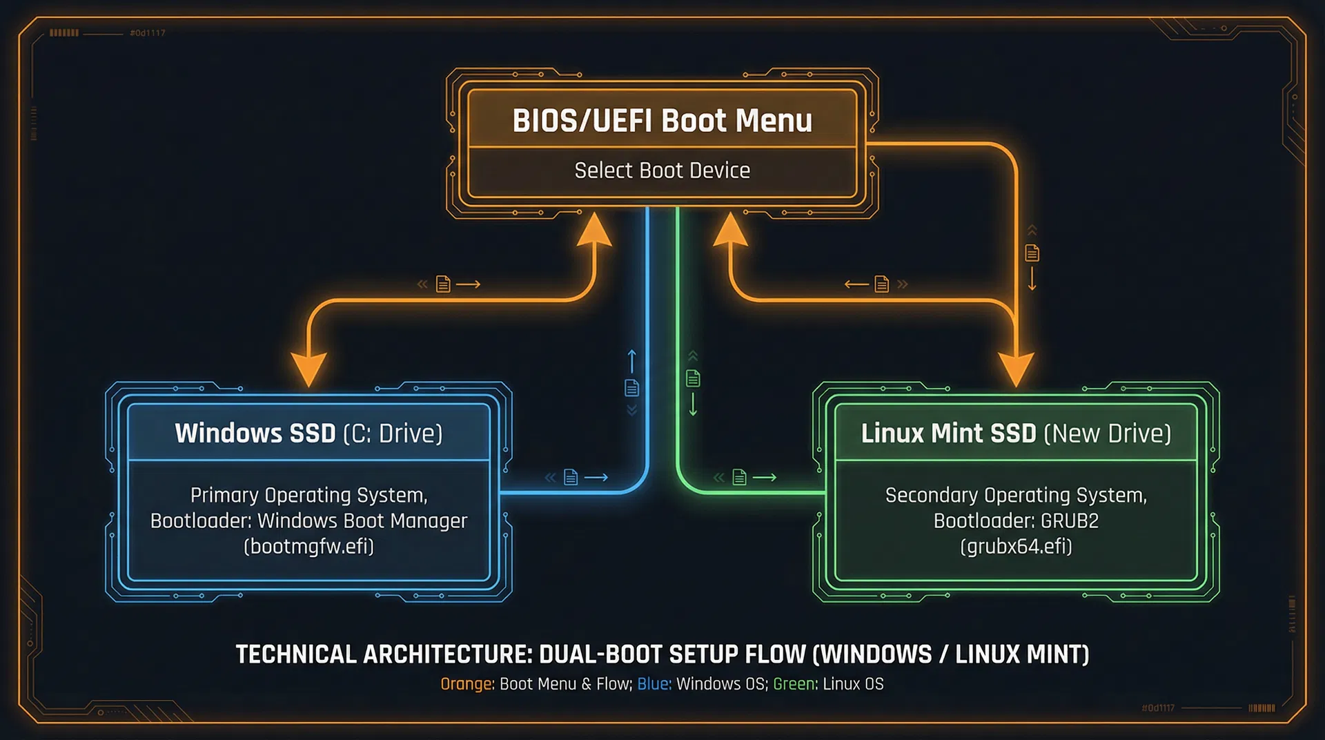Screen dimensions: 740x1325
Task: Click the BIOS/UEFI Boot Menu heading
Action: point(662,121)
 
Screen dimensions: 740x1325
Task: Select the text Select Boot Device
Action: point(662,171)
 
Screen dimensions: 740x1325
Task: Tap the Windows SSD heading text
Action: point(255,434)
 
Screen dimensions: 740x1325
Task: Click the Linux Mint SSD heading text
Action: point(948,434)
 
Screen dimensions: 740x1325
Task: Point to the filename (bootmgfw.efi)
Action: point(308,547)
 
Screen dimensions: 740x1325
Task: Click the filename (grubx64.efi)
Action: point(1016,547)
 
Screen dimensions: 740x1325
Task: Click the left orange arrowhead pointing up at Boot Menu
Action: point(593,230)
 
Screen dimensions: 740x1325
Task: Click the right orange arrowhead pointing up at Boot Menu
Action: point(730,230)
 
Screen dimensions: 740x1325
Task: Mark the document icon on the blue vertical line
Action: point(631,388)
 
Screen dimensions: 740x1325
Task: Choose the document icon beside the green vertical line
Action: point(693,378)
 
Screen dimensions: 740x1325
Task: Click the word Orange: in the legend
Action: point(467,684)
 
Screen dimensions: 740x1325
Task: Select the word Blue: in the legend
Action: point(654,684)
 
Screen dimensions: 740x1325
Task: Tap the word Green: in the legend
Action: point(795,684)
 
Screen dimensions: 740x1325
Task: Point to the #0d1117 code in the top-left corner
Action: point(147,33)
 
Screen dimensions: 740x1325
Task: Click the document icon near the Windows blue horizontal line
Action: point(571,477)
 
